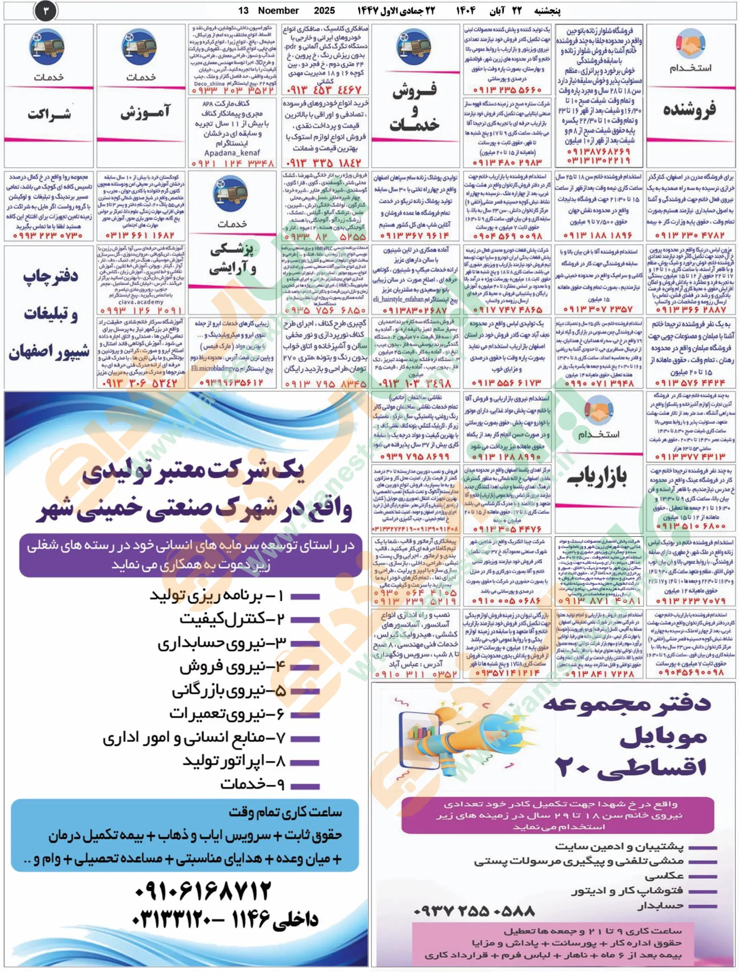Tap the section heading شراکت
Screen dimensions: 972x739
click(49, 114)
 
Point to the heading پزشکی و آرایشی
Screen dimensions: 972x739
click(232, 260)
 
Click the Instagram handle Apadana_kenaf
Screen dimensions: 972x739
click(232, 153)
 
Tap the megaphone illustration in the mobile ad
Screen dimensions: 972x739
click(458, 740)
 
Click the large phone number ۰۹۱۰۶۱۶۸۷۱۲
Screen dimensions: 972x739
click(203, 891)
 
